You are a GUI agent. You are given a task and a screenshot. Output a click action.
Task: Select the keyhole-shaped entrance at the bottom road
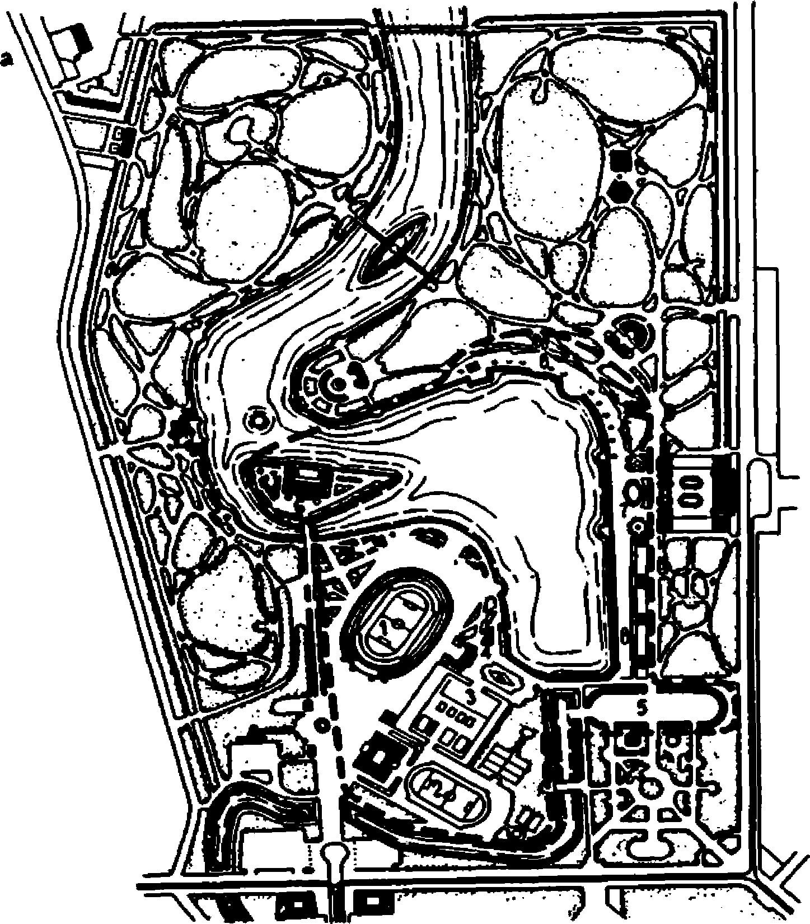coord(334,855)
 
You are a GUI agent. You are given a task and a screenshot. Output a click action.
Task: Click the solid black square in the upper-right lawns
coord(620,161)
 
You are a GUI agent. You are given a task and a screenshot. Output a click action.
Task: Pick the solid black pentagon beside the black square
coord(620,192)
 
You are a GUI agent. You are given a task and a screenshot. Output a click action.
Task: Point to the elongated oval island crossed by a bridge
coord(393,249)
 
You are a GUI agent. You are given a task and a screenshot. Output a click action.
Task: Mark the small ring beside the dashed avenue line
coord(321,725)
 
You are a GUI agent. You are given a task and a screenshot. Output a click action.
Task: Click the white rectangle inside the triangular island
coord(307,474)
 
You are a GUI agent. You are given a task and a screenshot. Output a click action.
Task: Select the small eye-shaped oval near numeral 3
coord(499,676)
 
